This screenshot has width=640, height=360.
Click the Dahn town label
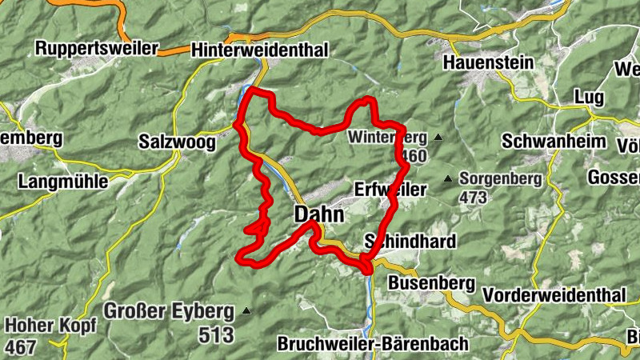[x=319, y=214]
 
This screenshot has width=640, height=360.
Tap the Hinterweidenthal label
[x=260, y=50]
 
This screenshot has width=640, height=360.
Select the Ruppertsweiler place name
[x=98, y=48]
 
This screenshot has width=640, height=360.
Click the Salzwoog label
[x=177, y=143]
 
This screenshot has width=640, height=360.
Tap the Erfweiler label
[x=390, y=190]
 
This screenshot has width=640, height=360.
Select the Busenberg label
[x=431, y=283]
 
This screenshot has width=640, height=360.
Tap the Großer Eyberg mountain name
[x=168, y=310]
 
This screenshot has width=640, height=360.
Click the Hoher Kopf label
[x=50, y=326]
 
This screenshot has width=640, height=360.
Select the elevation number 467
[x=22, y=347]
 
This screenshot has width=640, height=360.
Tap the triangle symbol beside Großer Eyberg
[x=246, y=310]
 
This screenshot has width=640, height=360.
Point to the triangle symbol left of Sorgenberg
[x=448, y=178]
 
